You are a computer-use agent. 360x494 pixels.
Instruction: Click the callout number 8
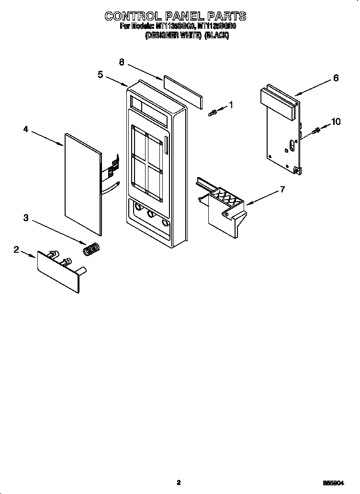click(x=122, y=62)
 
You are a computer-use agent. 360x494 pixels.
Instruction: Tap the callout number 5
click(x=100, y=74)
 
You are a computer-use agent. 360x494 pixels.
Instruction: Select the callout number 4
click(x=25, y=129)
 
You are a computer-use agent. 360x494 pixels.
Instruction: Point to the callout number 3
click(x=25, y=218)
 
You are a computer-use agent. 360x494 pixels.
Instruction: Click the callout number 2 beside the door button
click(x=16, y=249)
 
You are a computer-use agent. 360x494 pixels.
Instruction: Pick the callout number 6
click(x=336, y=78)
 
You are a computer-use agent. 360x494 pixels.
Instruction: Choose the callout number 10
click(x=336, y=122)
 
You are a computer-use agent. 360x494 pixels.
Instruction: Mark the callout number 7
click(x=282, y=190)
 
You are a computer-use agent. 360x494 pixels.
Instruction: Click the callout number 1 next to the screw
click(x=231, y=105)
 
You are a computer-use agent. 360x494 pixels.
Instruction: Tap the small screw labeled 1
click(x=214, y=112)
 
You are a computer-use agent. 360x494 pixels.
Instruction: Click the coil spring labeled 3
click(x=90, y=249)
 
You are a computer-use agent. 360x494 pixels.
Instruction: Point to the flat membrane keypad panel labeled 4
click(x=82, y=184)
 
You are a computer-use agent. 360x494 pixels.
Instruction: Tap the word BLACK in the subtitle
click(x=217, y=36)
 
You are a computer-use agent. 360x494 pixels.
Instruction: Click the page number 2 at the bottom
click(x=178, y=483)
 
